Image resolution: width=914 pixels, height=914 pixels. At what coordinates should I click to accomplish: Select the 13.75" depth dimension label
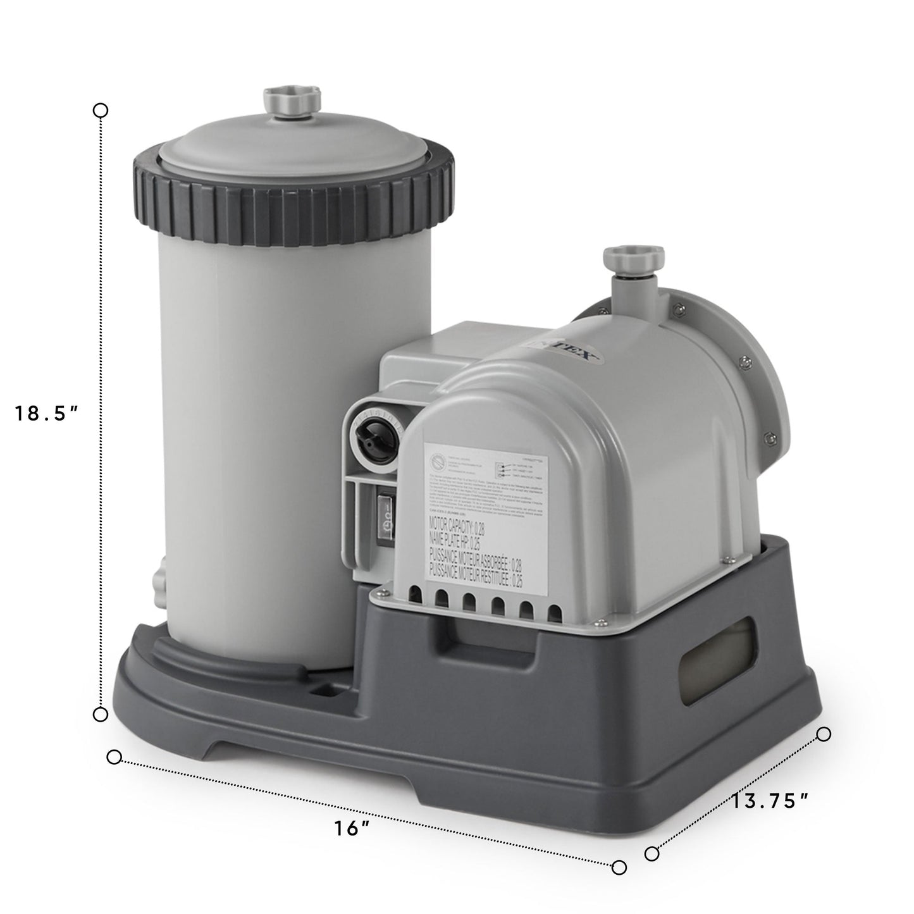(771, 801)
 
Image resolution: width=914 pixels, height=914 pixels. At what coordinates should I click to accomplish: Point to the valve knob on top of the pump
(633, 259)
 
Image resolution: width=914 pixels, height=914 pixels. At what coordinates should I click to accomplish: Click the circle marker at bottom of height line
(101, 715)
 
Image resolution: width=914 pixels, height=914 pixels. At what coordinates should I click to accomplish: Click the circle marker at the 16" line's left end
(114, 758)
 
